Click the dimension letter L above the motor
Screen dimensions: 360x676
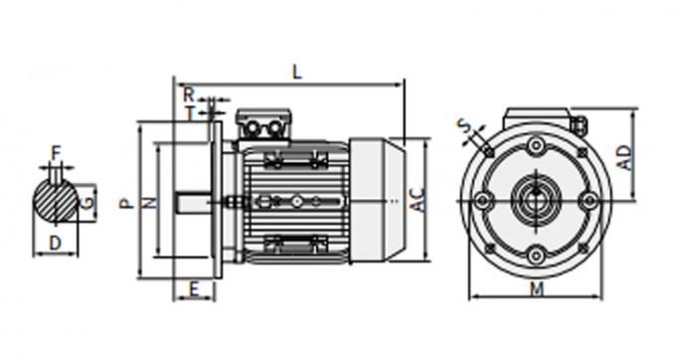point(296,71)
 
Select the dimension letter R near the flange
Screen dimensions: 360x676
point(189,93)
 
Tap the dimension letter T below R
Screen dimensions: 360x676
point(190,112)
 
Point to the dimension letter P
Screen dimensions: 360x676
point(124,203)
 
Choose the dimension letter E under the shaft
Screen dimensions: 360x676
point(195,289)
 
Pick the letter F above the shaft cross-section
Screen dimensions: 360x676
point(56,152)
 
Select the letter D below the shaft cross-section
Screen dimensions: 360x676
point(56,243)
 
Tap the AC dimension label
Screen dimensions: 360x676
point(419,202)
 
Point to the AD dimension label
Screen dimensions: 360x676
point(623,157)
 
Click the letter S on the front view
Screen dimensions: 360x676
point(465,127)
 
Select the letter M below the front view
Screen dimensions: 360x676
point(537,289)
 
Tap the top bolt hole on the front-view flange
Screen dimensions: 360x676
point(536,147)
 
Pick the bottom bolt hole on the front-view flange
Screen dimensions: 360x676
point(536,253)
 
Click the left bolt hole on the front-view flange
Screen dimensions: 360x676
point(483,200)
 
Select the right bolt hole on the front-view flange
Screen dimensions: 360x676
point(589,200)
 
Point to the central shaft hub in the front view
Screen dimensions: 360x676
point(536,200)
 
